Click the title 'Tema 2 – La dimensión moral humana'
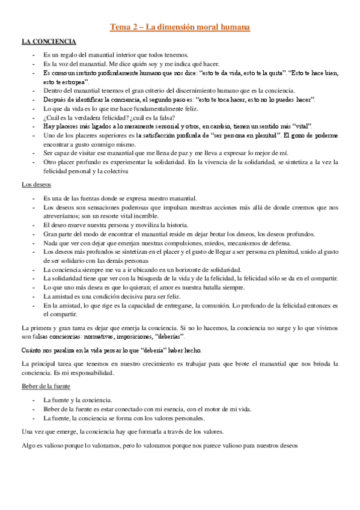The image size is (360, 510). (x=180, y=27)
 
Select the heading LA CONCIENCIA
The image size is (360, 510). (x=49, y=41)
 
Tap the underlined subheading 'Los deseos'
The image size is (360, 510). (x=35, y=185)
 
